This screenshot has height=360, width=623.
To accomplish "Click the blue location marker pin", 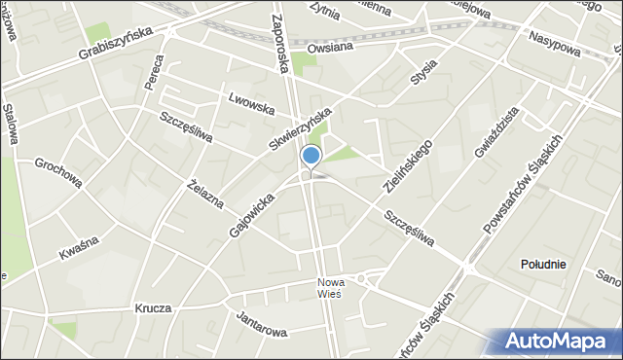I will click(x=311, y=156).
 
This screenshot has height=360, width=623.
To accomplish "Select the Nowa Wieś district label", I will click(x=328, y=288).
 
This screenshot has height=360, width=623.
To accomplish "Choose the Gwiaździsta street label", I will click(x=495, y=133).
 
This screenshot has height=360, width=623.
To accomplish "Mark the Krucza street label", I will click(x=154, y=307).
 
